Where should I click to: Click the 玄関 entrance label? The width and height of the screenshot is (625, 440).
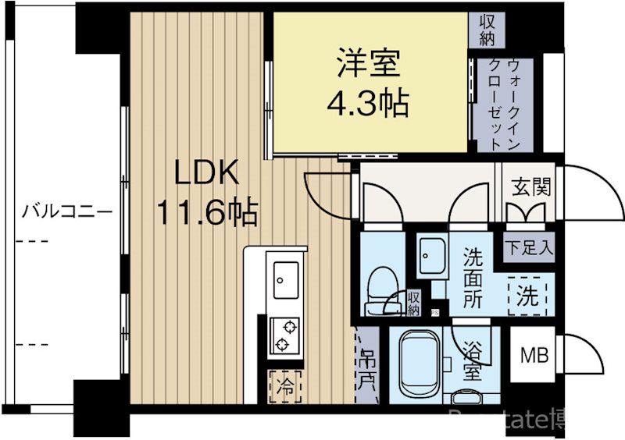tap(531, 187)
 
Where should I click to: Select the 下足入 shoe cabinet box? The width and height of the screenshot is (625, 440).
tap(529, 249)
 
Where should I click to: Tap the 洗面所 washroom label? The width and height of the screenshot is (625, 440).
tap(474, 277)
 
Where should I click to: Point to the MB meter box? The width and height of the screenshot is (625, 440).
tap(534, 356)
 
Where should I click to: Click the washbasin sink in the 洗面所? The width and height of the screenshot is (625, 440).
tap(431, 254)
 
